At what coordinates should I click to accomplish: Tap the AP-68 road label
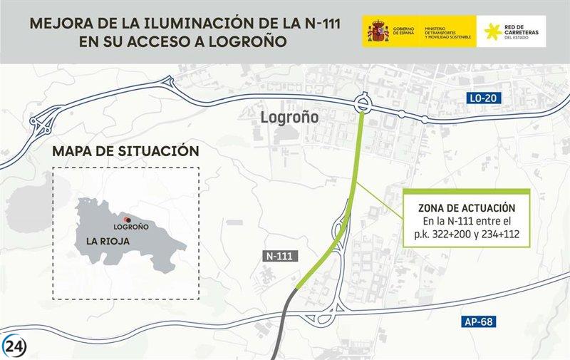[x=480, y=322]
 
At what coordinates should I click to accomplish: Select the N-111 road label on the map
[x=279, y=255]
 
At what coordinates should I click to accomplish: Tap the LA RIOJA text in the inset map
[x=108, y=240]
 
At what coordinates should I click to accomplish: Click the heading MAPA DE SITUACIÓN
[x=125, y=151]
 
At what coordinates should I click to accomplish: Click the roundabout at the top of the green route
[x=363, y=104]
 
